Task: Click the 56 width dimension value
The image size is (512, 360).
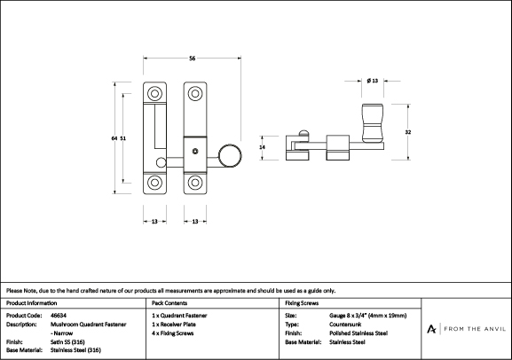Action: (x=192, y=59)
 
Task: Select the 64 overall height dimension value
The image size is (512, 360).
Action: (x=114, y=138)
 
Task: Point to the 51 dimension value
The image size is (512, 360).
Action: (x=122, y=138)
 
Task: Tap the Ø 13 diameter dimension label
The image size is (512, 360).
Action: (x=373, y=81)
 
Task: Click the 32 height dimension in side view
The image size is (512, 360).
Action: (x=408, y=132)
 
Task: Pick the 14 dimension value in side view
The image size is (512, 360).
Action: (x=262, y=147)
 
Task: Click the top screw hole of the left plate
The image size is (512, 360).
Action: (x=154, y=94)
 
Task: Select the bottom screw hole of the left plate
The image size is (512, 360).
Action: (x=154, y=183)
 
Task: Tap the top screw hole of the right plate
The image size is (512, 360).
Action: (x=195, y=94)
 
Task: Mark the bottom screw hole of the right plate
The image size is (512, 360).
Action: (x=195, y=183)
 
